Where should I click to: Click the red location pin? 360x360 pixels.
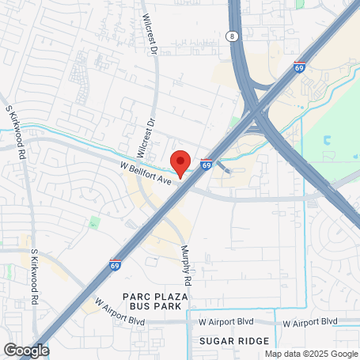coord(180,162)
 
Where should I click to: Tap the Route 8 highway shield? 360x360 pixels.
coord(230,36)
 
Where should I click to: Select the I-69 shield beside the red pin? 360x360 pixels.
coord(206,165)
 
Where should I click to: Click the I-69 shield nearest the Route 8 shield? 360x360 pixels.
coord(299,69)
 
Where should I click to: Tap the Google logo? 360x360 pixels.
coord(26,351)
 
